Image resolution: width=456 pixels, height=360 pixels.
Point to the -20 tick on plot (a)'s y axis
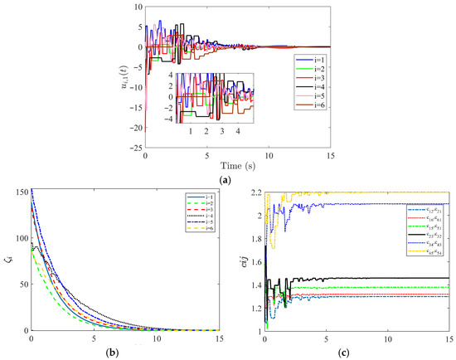[136, 129]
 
